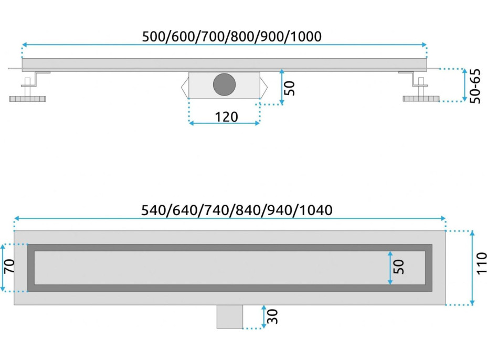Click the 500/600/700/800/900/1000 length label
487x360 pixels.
tap(231, 36)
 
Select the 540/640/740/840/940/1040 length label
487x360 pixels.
tap(237, 210)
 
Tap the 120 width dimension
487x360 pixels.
tap(227, 117)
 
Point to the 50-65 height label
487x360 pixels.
tap(475, 85)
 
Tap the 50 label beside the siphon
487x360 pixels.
tap(290, 87)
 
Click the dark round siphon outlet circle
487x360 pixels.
tap(225, 84)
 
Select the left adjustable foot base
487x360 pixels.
tap(29, 98)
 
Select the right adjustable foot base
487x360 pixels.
tap(420, 98)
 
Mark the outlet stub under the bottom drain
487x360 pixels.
tap(230, 316)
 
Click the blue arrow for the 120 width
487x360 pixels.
tap(224, 123)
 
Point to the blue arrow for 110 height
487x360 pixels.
tap(472, 268)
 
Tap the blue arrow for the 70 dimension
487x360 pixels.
tap(3, 268)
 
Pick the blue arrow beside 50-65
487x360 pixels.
tap(464, 85)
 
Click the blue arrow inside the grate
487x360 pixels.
tap(390, 268)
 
